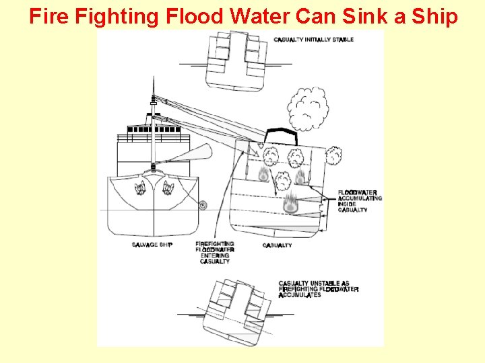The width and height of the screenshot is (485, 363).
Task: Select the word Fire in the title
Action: [x=49, y=15]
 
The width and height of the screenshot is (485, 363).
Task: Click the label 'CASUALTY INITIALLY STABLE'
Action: [x=313, y=40]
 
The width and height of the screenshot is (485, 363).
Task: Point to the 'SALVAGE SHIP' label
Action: [x=152, y=245]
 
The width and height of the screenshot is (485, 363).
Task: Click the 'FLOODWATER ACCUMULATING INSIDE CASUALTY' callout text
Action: [x=359, y=201]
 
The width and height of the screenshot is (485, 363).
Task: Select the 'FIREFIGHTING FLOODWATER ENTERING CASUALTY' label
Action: [x=215, y=252]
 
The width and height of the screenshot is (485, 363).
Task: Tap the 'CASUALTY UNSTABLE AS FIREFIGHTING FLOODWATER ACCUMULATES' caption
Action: [x=318, y=289]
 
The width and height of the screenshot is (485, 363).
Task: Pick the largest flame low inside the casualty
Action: [x=291, y=203]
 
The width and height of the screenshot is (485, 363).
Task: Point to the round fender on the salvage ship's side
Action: [x=203, y=204]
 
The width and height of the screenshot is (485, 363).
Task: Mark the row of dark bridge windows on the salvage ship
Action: [x=149, y=128]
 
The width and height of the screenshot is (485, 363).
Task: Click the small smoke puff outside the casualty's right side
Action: [x=332, y=157]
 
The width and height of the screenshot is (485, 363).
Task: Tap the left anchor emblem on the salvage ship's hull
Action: [x=141, y=189]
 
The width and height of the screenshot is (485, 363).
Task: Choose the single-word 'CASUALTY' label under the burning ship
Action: [x=277, y=245]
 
